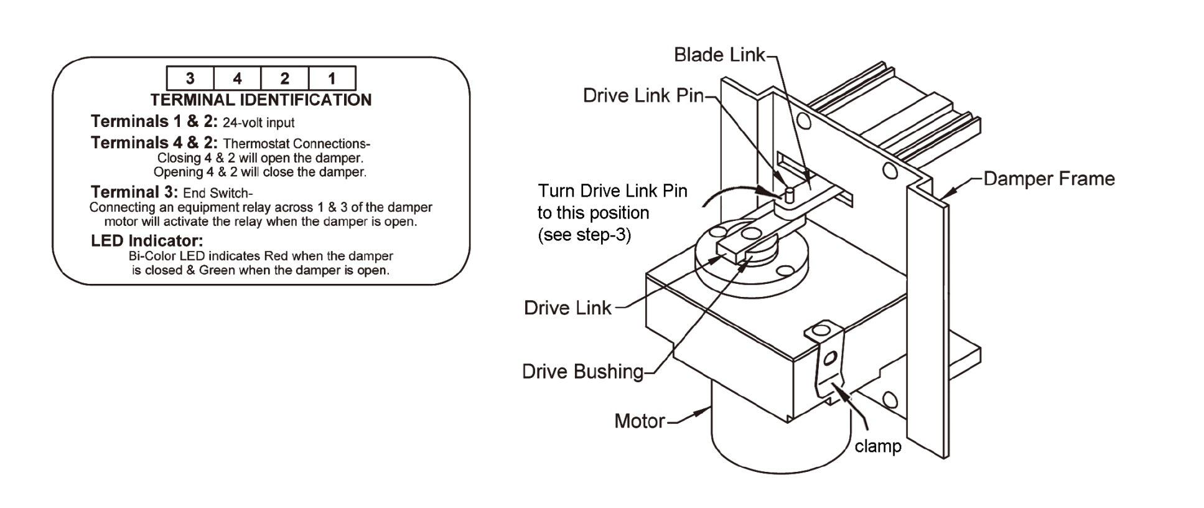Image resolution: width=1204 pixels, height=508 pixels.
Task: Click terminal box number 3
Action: point(190,78)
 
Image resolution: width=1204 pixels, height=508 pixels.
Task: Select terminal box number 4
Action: point(237,78)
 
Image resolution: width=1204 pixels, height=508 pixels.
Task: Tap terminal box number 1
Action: point(332,78)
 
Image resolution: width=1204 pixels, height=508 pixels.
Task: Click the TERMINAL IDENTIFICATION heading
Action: point(261,100)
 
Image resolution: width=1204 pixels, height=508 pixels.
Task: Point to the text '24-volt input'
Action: point(258,123)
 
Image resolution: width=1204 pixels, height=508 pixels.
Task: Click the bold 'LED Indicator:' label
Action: point(147,240)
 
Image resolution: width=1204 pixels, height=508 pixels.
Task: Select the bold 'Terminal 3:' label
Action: point(134,192)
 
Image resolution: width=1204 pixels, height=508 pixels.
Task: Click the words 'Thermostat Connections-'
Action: point(296,144)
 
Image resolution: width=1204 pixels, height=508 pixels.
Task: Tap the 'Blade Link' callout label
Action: point(719,55)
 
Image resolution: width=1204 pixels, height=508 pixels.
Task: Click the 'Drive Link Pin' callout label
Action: point(642,95)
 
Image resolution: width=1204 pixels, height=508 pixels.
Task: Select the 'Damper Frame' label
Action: point(1048,179)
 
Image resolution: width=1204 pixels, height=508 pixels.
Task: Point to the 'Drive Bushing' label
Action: point(582,372)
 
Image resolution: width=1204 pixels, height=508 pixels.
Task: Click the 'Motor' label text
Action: point(640,421)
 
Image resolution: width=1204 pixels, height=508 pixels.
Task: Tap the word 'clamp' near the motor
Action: point(877,446)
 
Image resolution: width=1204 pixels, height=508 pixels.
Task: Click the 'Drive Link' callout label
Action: point(567,308)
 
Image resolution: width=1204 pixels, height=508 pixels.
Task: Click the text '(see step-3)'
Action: point(584,235)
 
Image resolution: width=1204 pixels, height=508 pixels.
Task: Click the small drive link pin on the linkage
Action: point(788,195)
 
